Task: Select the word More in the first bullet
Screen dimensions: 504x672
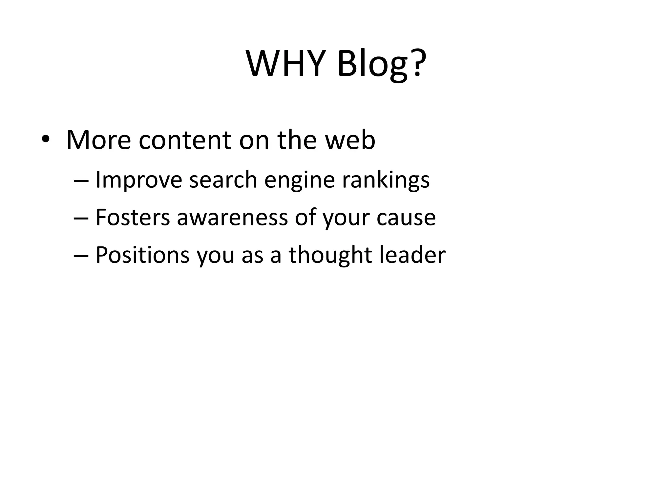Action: coord(98,140)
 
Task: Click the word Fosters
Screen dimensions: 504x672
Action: coord(133,218)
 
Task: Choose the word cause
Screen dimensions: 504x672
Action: coord(406,218)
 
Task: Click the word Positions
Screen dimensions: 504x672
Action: coord(142,255)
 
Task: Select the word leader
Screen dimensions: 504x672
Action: coord(412,255)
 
